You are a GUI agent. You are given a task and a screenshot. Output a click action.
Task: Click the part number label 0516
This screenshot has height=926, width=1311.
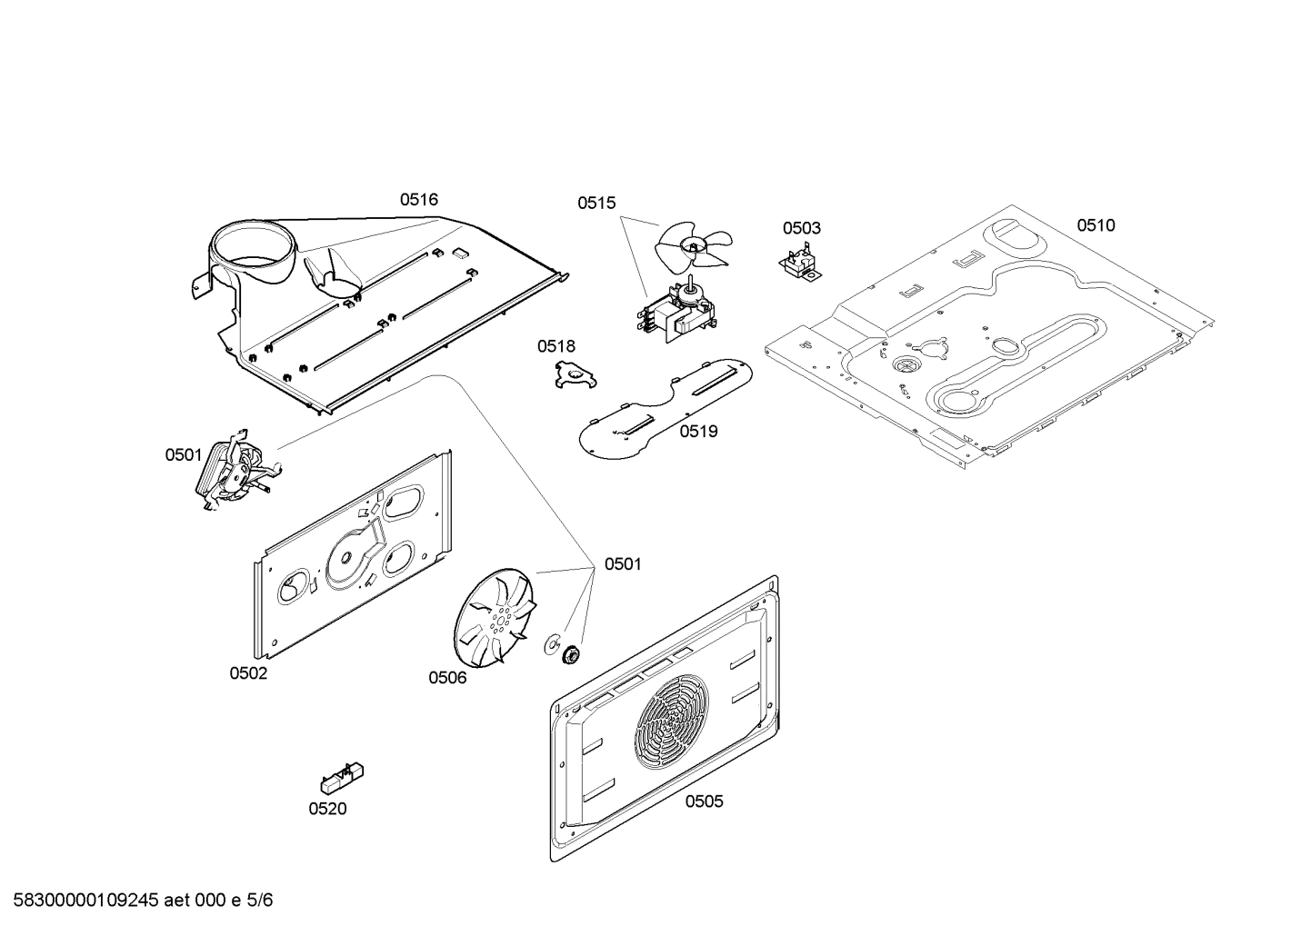(418, 199)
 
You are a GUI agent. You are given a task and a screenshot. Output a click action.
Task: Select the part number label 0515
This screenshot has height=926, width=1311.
(595, 204)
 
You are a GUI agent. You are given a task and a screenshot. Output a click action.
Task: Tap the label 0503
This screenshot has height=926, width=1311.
(801, 228)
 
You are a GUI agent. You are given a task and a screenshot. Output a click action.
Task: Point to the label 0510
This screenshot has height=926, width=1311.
(1096, 225)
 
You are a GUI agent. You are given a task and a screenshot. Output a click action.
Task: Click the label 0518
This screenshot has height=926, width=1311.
(555, 346)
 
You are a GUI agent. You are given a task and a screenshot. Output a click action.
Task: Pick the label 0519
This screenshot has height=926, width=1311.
(698, 431)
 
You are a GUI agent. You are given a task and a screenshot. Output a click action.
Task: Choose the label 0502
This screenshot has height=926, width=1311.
(248, 673)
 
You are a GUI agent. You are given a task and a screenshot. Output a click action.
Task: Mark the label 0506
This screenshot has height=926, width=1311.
(447, 677)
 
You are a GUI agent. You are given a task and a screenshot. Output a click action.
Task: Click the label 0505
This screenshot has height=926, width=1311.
(705, 801)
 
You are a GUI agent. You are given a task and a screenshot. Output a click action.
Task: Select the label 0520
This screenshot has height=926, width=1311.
(327, 809)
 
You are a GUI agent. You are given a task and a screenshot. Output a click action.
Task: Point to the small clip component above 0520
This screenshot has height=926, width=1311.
(342, 778)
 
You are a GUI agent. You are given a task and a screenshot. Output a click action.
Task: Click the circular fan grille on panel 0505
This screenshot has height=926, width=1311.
(672, 723)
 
